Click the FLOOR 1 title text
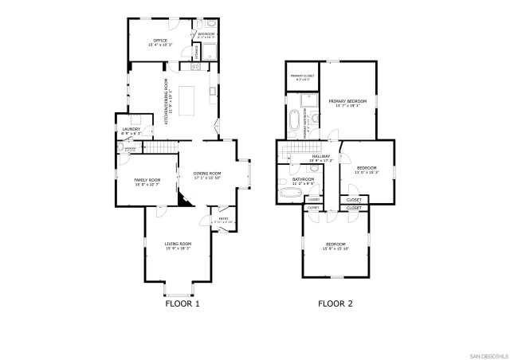(x=182, y=303)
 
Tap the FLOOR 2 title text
(x=335, y=303)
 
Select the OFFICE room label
(x=160, y=39)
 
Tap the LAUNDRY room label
(x=131, y=128)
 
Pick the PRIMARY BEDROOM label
(x=347, y=102)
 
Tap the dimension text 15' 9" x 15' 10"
(x=335, y=248)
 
